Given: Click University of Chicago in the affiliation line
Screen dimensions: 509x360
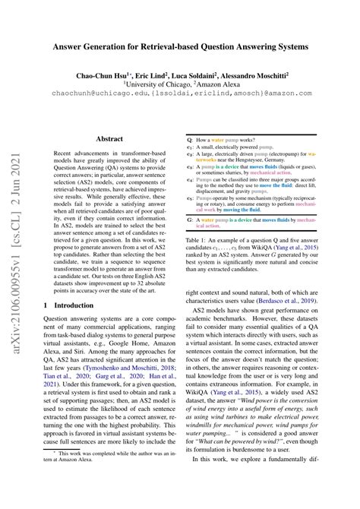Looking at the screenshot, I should [174, 86].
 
